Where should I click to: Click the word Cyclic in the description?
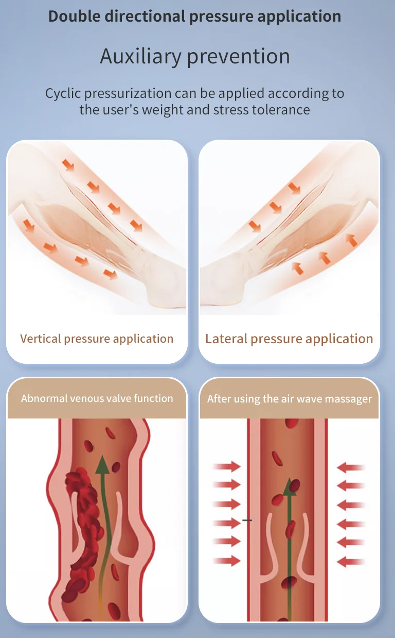point(63,93)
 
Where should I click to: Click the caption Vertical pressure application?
point(97,339)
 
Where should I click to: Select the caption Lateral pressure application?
point(289,339)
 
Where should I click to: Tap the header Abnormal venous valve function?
point(97,398)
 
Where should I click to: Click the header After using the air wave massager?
point(289,399)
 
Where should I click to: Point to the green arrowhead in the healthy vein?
point(291,486)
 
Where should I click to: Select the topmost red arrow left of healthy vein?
point(227,466)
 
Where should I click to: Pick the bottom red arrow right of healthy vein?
point(351,561)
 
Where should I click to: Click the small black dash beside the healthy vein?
point(247,521)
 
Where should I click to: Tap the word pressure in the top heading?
point(220,16)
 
